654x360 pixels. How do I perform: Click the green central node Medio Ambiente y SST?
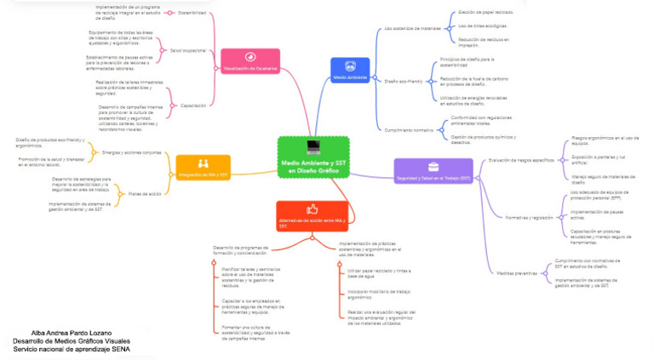click(x=313, y=157)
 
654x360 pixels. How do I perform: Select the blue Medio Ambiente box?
click(x=349, y=70)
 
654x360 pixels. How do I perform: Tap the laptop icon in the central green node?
click(x=313, y=146)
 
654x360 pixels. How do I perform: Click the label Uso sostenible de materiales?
click(x=413, y=28)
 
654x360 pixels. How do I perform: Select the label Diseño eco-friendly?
click(x=404, y=81)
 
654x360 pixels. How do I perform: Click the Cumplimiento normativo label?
click(x=410, y=129)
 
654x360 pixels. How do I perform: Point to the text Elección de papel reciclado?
click(x=485, y=13)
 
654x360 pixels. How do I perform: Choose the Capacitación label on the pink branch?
click(x=193, y=105)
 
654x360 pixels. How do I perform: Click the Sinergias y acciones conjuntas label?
click(x=130, y=152)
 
